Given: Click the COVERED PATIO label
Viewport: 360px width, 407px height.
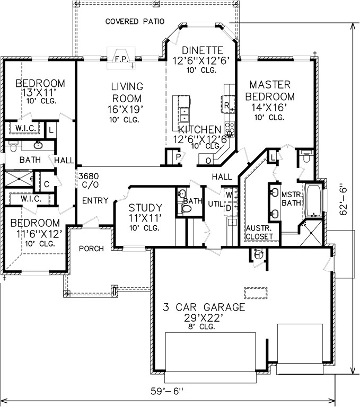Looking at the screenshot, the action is [135, 21].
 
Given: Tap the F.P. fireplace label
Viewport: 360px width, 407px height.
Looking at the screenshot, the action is [122, 59].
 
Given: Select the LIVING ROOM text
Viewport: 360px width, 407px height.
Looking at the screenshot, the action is [127, 92].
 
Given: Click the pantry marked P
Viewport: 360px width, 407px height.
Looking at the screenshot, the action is [178, 157].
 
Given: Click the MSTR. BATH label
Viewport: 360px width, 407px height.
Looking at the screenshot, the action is [291, 199].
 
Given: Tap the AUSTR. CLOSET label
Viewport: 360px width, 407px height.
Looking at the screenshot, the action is [259, 232].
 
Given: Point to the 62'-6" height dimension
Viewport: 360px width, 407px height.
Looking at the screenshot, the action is [344, 201].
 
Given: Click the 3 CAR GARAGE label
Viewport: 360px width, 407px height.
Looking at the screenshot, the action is [204, 307].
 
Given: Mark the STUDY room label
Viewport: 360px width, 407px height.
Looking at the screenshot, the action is [145, 208].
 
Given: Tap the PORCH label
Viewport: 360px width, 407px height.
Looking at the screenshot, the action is [91, 249].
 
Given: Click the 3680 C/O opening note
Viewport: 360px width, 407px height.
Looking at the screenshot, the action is [89, 180].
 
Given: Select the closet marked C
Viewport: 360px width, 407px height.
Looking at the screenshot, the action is [47, 184].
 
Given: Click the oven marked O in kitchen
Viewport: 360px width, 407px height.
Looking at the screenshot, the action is [208, 161].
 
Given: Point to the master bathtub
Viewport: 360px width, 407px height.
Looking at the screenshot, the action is [313, 200].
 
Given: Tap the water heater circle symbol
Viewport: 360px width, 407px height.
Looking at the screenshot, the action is [258, 254].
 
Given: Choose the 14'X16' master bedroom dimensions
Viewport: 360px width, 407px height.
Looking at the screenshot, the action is [269, 107].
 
